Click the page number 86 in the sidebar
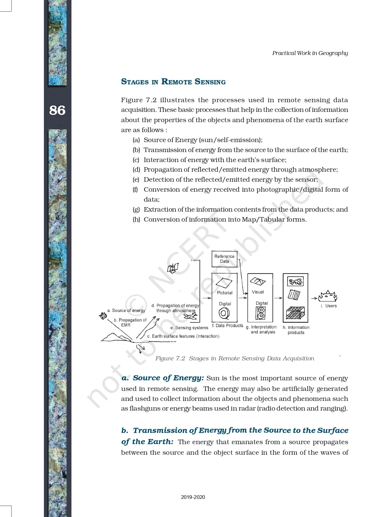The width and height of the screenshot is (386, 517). [57, 110]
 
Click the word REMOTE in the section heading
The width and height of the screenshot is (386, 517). [177, 82]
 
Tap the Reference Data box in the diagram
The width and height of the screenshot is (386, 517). [224, 259]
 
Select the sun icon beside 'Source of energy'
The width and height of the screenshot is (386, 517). [103, 316]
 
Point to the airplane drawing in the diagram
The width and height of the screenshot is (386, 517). [190, 316]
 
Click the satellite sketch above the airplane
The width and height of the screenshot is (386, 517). [173, 268]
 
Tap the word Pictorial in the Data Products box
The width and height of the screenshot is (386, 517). [225, 293]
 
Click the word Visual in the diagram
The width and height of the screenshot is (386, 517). [258, 292]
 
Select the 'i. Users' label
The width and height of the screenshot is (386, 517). [329, 306]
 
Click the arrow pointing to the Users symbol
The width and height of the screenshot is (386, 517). [314, 298]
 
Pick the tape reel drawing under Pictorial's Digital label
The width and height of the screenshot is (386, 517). [224, 313]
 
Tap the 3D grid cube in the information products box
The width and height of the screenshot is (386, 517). [295, 313]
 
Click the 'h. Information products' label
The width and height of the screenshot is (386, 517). [296, 330]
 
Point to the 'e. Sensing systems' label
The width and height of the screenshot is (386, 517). [189, 328]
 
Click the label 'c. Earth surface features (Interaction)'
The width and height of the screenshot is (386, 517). [183, 336]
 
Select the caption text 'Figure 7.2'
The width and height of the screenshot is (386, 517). [170, 359]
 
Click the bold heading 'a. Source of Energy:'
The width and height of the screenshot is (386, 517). [163, 378]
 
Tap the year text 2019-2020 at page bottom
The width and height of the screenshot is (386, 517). [193, 497]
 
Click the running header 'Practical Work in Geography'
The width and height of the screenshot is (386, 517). [310, 53]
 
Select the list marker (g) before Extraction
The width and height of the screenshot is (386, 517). [136, 210]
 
